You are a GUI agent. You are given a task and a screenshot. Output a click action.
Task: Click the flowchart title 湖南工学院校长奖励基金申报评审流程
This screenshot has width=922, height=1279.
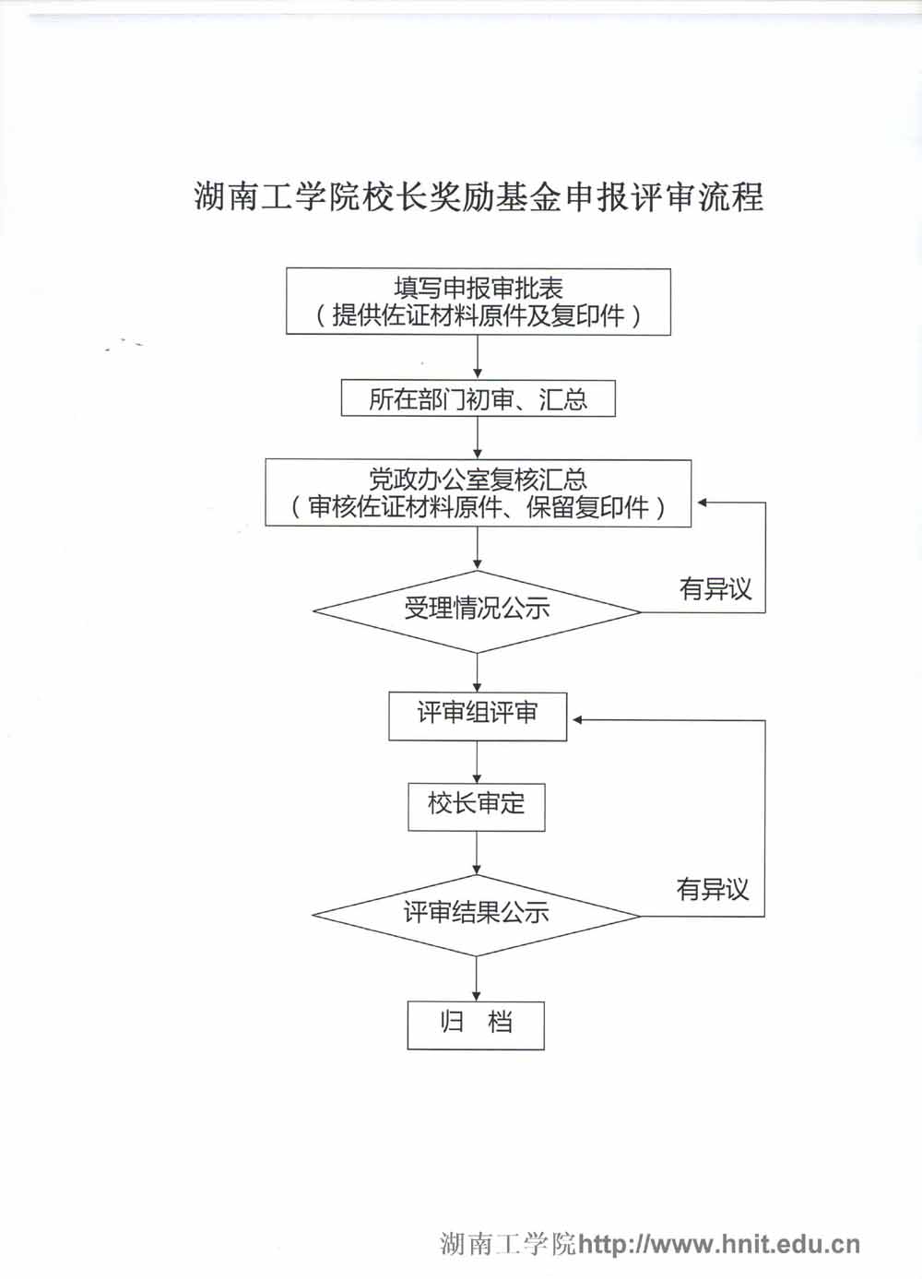click(479, 197)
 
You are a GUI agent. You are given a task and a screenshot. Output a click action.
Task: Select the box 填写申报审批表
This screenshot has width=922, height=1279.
click(478, 288)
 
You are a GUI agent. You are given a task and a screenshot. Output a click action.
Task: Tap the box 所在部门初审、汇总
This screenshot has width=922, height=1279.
click(478, 399)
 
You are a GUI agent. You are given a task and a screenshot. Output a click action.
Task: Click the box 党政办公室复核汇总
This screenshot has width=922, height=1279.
click(478, 480)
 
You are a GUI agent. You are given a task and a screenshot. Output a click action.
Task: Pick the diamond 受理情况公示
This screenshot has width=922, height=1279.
click(477, 610)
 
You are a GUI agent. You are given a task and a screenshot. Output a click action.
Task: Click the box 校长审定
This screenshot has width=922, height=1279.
click(476, 805)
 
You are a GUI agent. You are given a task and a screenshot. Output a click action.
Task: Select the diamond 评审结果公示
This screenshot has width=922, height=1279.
click(476, 914)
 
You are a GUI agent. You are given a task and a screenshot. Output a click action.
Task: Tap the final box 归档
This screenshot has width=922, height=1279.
click(476, 1024)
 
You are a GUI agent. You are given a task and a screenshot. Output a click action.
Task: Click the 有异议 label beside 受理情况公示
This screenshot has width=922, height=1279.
click(715, 589)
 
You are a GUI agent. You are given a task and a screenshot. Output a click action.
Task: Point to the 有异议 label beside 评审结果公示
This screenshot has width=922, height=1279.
click(713, 890)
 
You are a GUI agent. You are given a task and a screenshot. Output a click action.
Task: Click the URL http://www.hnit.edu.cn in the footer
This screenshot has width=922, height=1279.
click(718, 1244)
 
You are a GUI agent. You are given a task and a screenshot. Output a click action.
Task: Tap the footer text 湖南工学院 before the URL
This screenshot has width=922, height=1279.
click(508, 1244)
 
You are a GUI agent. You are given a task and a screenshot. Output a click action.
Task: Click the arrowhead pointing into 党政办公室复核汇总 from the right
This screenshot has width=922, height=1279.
click(702, 503)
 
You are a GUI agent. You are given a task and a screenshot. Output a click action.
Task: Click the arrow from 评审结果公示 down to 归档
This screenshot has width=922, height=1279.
click(477, 978)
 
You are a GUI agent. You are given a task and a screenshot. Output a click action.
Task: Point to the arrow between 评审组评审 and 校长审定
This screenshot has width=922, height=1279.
click(477, 762)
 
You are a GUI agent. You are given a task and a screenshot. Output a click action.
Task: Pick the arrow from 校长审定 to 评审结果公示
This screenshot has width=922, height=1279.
click(477, 853)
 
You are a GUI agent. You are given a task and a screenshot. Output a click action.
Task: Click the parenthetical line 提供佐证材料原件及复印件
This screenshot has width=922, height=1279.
click(478, 316)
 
